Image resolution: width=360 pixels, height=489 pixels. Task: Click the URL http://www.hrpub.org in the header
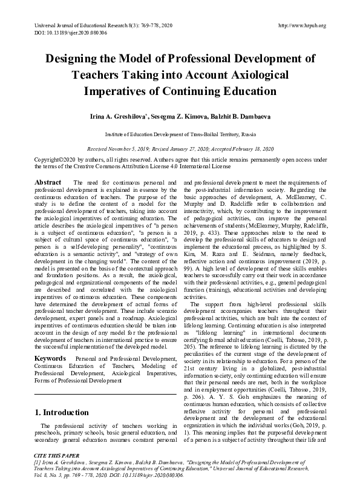tap(301, 25)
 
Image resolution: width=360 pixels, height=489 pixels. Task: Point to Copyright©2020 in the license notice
tap(55, 160)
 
